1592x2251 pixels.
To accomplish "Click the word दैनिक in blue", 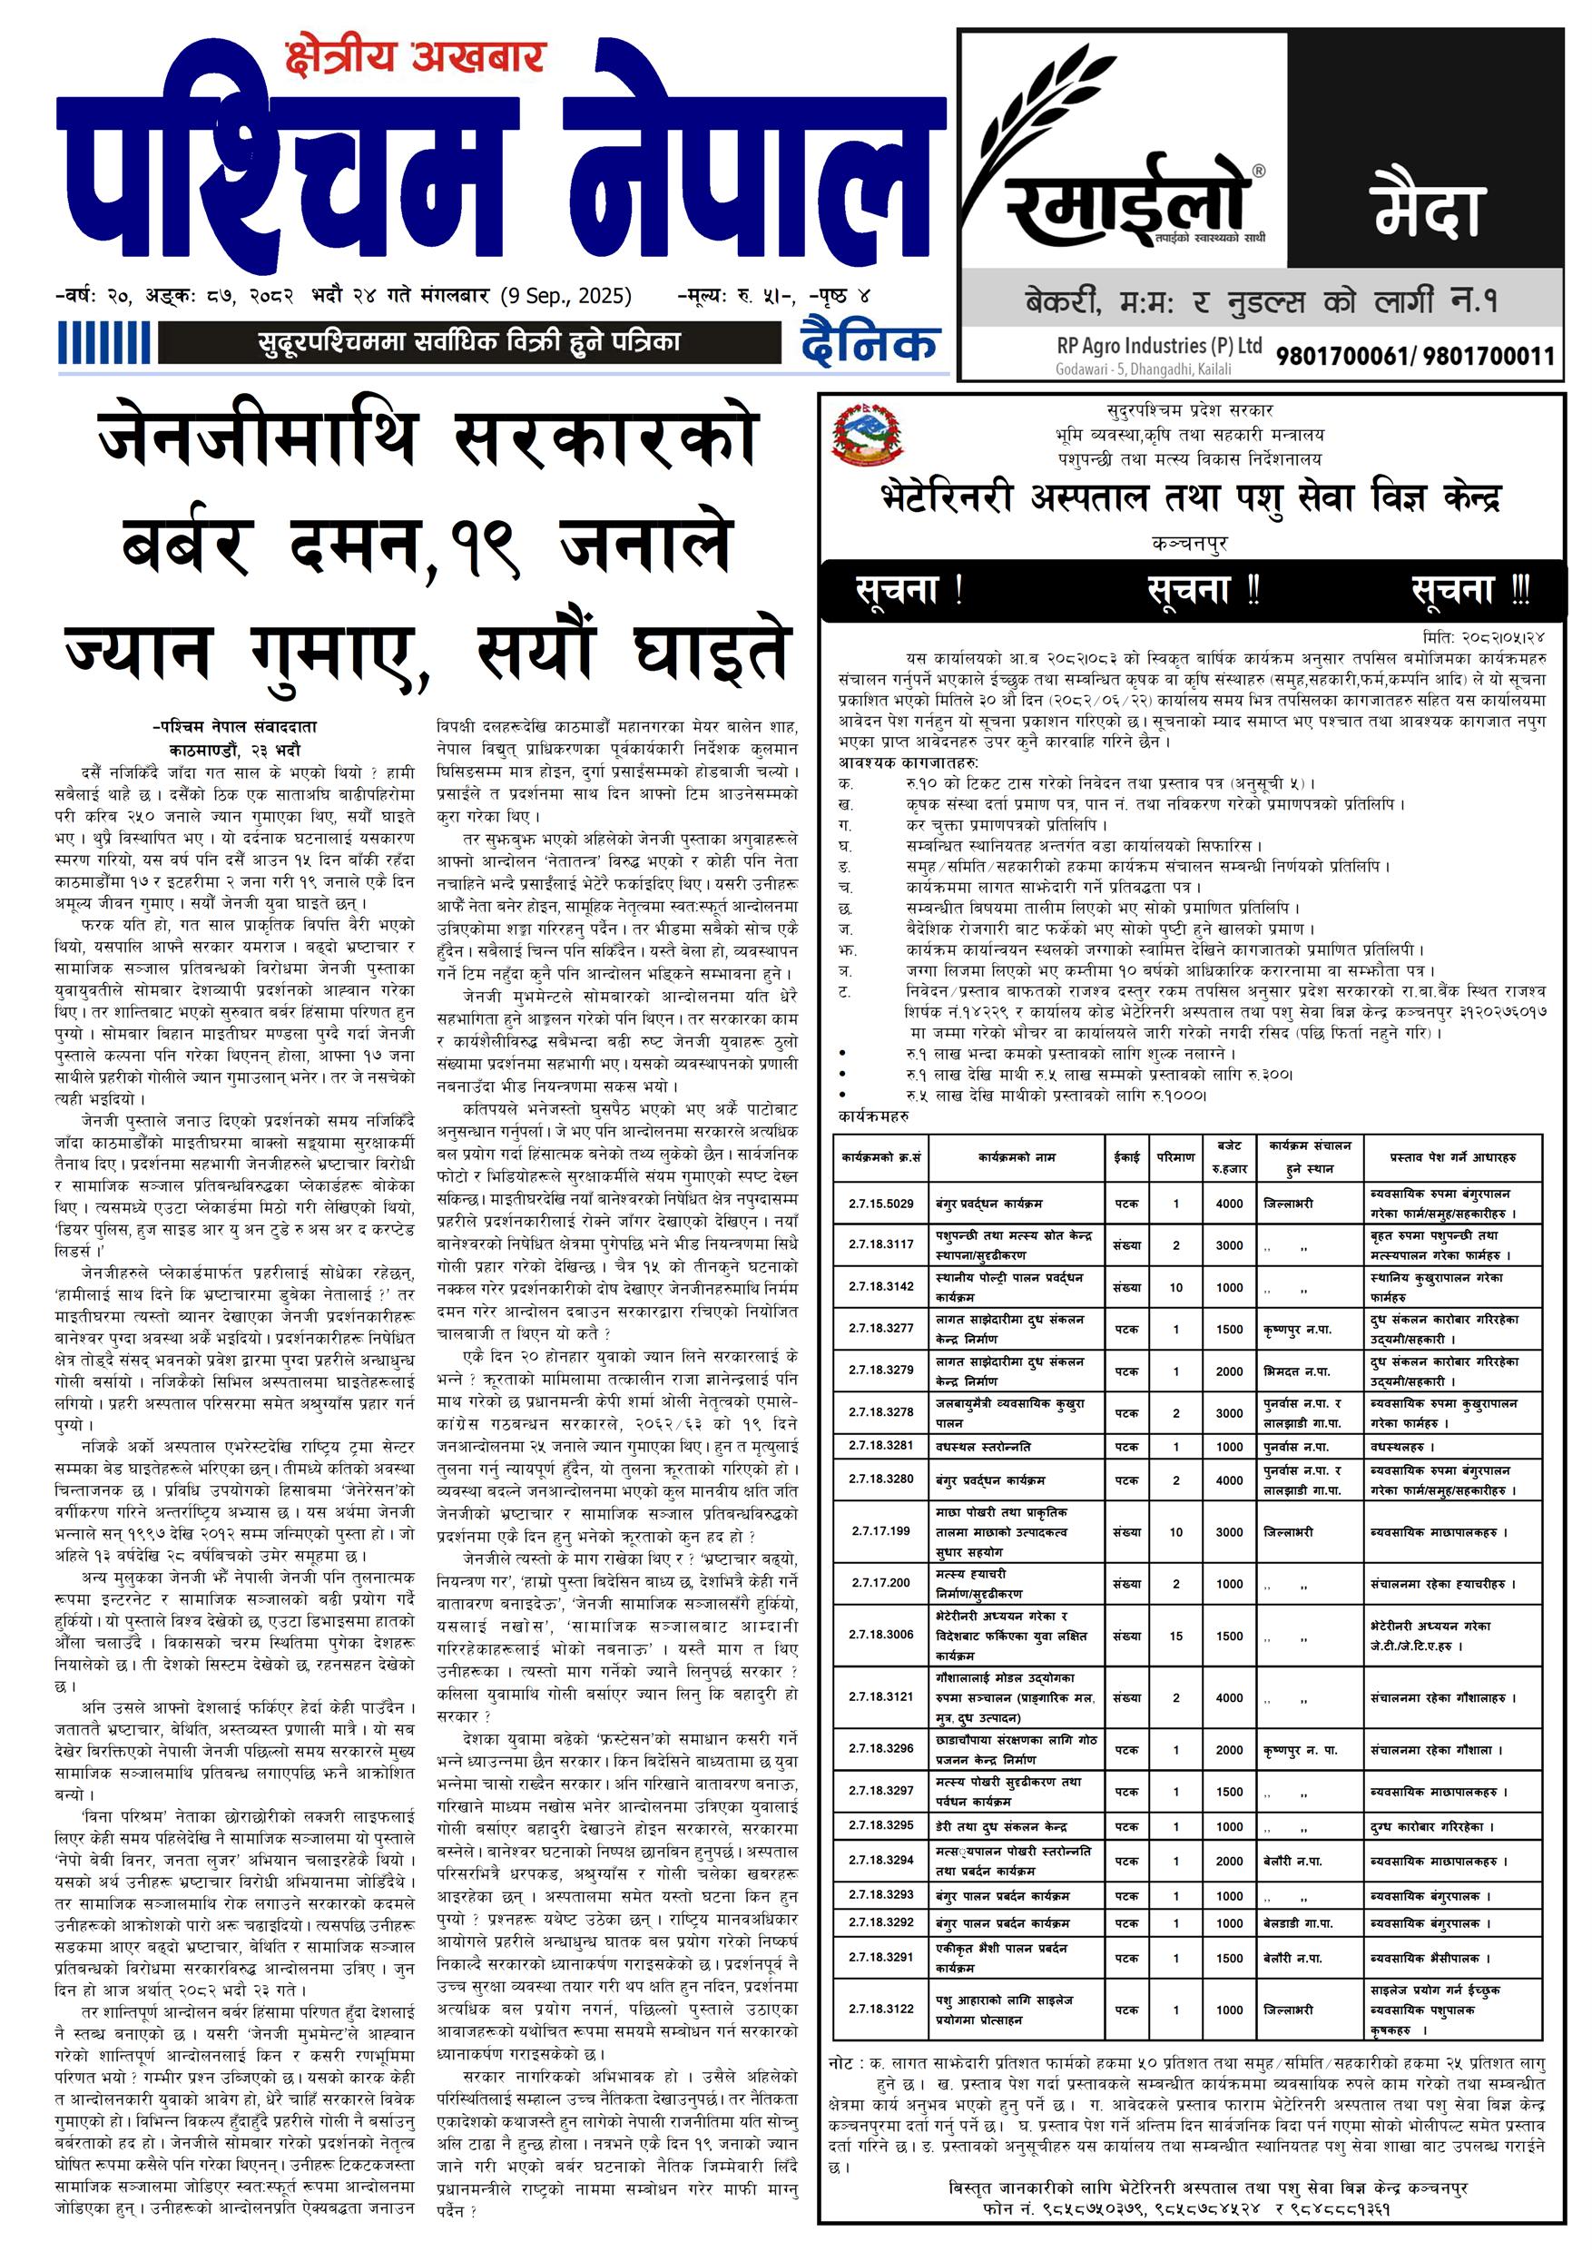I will coord(870,344).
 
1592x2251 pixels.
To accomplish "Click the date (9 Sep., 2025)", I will coord(565,296).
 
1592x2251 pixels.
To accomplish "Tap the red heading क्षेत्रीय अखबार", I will coord(414,58).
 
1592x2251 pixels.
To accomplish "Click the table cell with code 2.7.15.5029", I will coord(880,1203).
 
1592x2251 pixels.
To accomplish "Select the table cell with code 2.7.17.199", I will coord(880,1530).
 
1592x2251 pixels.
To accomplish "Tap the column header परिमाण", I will coord(1175,1157).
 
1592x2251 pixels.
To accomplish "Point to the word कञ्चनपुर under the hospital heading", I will coord(1190,542).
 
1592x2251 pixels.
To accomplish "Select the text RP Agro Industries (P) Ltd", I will coord(1159,346).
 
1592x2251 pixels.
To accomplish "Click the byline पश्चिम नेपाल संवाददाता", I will coord(234,726).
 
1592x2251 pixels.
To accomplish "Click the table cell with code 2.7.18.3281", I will coord(880,1446).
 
